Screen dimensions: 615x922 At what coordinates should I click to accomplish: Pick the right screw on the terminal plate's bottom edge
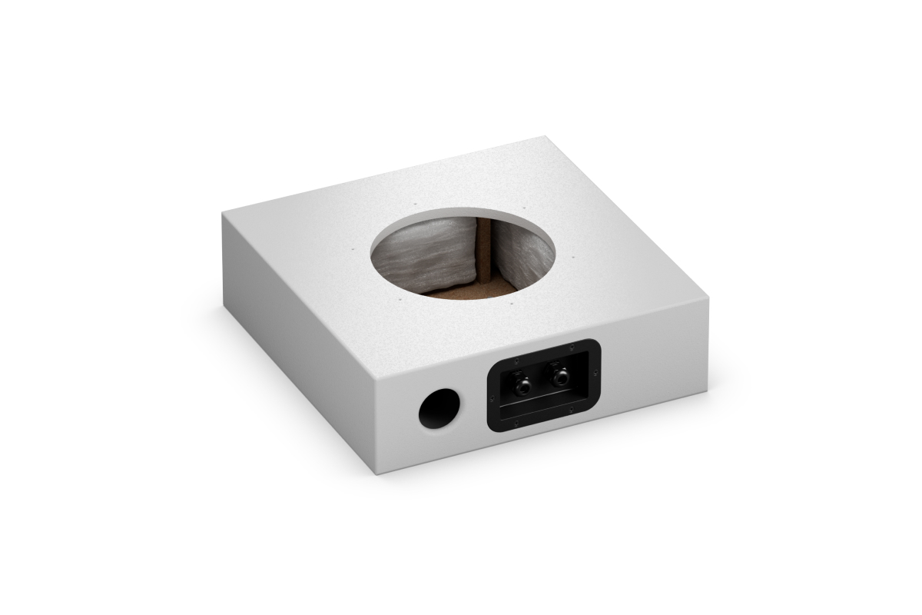pyautogui.click(x=569, y=415)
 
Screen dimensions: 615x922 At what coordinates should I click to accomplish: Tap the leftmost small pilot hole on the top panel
pyautogui.click(x=351, y=249)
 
